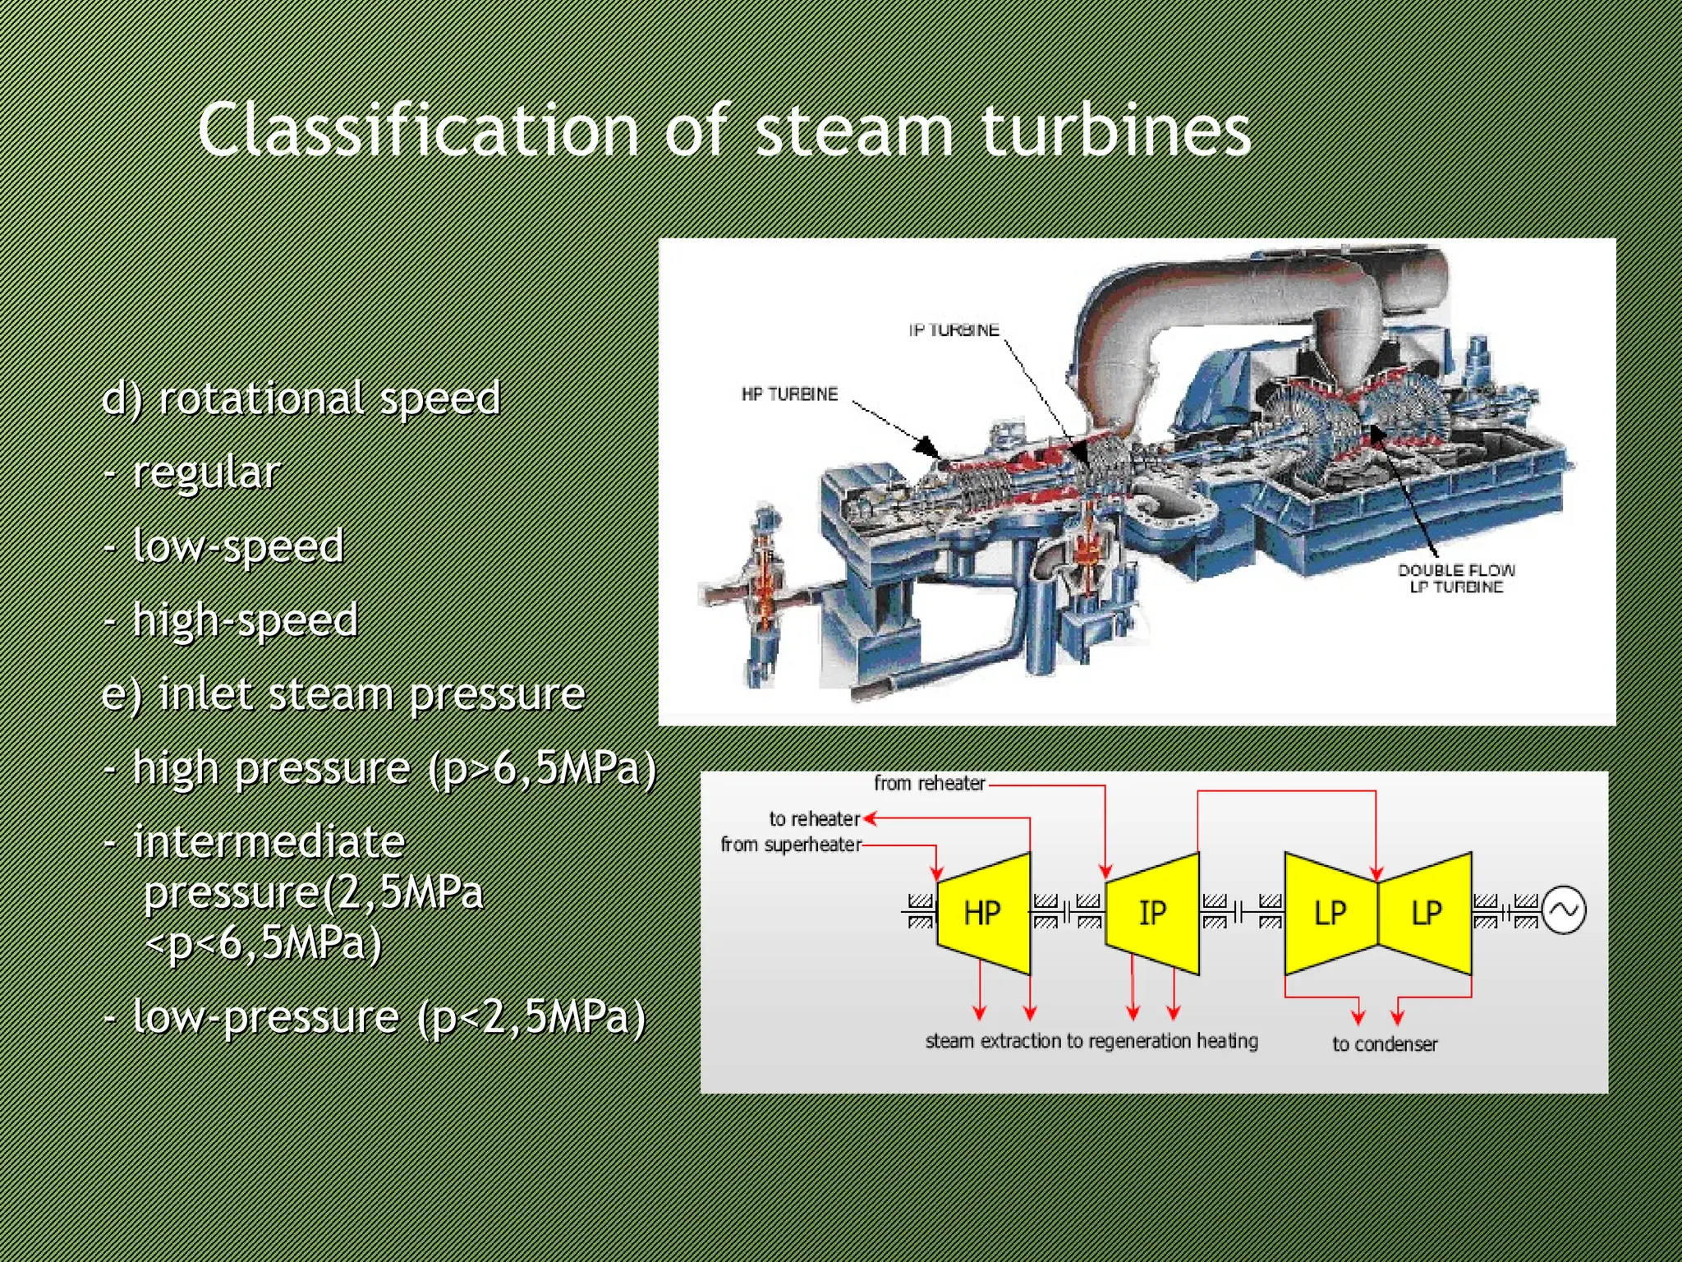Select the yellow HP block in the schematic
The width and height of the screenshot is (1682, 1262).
pyautogui.click(x=983, y=913)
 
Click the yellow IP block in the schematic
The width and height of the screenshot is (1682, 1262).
pyautogui.click(x=1152, y=913)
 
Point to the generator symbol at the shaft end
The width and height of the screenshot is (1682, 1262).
pyautogui.click(x=1564, y=910)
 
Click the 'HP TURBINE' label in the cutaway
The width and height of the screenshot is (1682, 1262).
pyautogui.click(x=789, y=394)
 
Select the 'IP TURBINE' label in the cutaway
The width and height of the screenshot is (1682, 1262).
pyautogui.click(x=954, y=330)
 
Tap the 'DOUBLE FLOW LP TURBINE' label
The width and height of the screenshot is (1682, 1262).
pyautogui.click(x=1456, y=578)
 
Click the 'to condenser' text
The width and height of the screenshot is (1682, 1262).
pyautogui.click(x=1385, y=1044)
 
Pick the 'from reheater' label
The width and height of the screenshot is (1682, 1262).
pyautogui.click(x=929, y=783)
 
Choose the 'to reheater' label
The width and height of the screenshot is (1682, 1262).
pyautogui.click(x=814, y=819)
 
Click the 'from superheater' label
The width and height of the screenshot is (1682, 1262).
pyautogui.click(x=791, y=845)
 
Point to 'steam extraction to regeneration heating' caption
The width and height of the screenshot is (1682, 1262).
pyautogui.click(x=1091, y=1041)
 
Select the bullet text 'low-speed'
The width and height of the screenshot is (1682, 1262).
pyautogui.click(x=238, y=546)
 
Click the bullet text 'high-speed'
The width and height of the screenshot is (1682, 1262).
pyautogui.click(x=245, y=620)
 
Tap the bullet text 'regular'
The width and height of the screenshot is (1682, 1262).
pyautogui.click(x=206, y=472)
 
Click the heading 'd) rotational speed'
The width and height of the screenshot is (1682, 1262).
pyautogui.click(x=301, y=398)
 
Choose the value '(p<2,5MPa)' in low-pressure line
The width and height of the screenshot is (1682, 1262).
pyautogui.click(x=531, y=1017)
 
